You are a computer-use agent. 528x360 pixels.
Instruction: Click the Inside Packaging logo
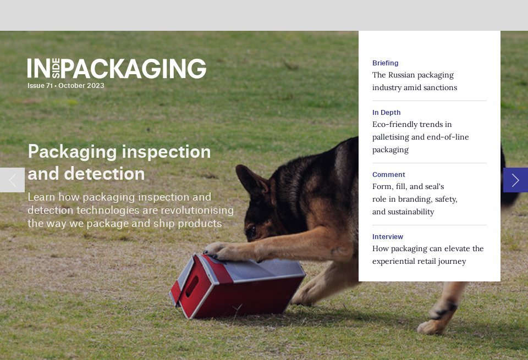tap(117, 69)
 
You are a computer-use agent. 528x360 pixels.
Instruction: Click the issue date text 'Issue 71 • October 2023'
tap(66, 86)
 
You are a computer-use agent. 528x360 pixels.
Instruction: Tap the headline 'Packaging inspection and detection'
tap(119, 162)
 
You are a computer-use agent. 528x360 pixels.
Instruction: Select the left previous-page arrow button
tap(12, 180)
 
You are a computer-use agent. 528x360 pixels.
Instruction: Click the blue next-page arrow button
tap(515, 180)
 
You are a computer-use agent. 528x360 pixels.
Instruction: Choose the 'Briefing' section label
tap(385, 63)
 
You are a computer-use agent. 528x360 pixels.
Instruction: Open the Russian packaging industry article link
tap(414, 81)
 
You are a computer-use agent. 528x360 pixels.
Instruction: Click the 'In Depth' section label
tap(386, 113)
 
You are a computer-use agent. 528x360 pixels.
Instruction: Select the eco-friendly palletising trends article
tap(420, 137)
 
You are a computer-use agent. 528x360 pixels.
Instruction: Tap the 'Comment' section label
tap(388, 175)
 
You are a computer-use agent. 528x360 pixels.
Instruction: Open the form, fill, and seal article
tap(415, 199)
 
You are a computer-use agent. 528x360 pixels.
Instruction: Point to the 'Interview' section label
tap(387, 237)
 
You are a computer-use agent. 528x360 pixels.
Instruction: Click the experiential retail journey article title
tap(428, 255)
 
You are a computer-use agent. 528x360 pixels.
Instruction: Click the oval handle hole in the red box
tap(191, 286)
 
